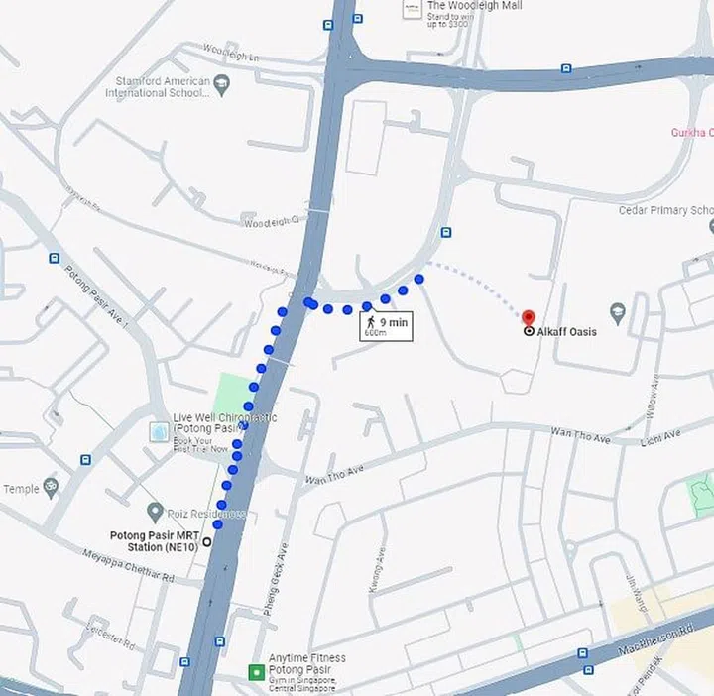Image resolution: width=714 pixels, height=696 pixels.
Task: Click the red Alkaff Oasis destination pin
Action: tap(528, 315)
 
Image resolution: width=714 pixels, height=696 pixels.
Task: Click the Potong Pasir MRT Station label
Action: tap(154, 541)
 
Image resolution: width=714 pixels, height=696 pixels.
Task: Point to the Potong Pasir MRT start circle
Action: tap(207, 542)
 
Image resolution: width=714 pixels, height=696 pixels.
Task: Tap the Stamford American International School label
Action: tap(158, 87)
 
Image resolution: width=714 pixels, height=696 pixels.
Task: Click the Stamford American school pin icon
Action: tap(221, 86)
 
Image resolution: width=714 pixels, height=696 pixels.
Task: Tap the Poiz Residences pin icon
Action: tap(155, 512)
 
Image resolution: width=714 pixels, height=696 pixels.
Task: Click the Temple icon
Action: tap(52, 487)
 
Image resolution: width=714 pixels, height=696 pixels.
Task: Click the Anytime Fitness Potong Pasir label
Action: tap(306, 664)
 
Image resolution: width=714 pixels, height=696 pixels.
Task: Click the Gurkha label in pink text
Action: tap(692, 132)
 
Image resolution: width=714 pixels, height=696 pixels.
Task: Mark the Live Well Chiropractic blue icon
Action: tap(158, 433)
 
